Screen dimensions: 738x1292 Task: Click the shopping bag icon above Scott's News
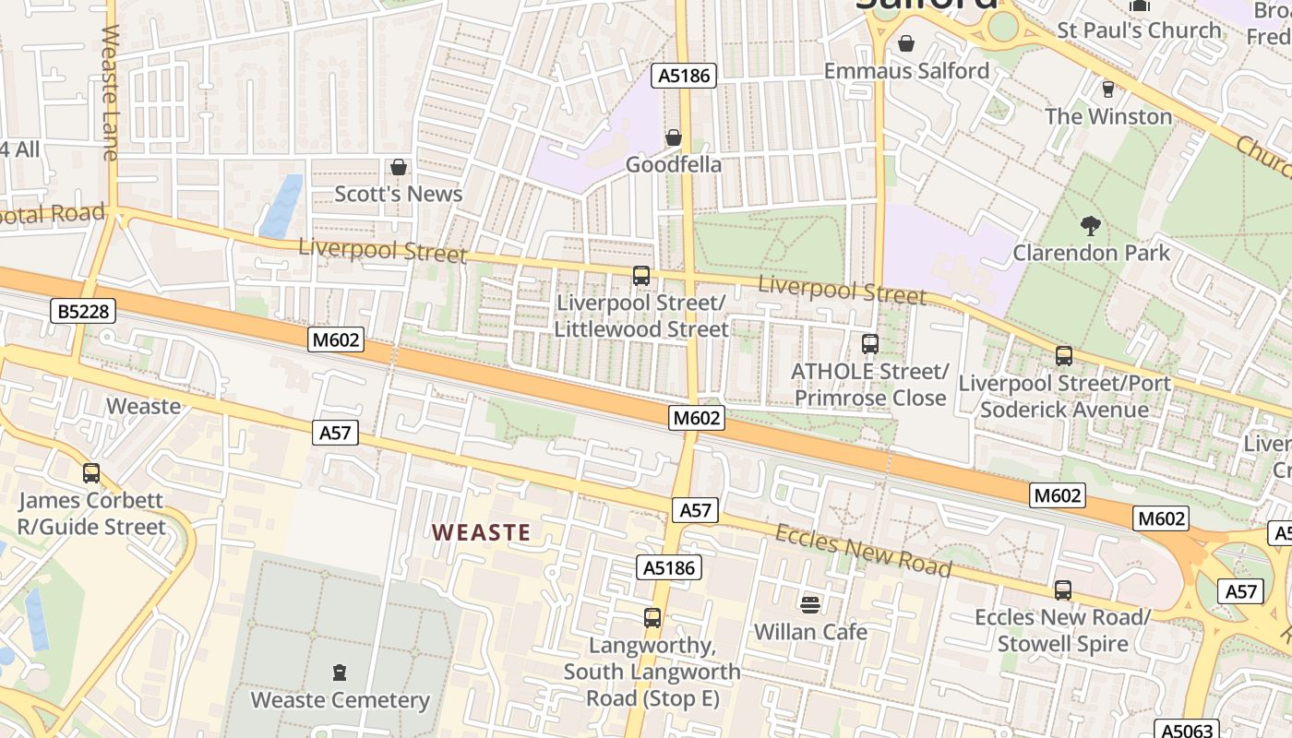point(399,167)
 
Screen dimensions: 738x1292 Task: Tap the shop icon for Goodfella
point(674,137)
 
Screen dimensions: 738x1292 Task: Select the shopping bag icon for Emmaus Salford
point(906,43)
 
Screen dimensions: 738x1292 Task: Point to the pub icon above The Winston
point(1108,89)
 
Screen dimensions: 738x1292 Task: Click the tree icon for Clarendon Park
point(1091,225)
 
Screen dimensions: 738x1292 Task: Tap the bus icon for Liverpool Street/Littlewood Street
point(641,276)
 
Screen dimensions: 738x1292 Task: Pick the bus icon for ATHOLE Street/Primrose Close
point(870,344)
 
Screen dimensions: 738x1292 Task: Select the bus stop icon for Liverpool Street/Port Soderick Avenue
point(1064,356)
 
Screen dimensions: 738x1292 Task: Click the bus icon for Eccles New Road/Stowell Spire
point(1063,590)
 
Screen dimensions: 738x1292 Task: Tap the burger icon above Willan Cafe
point(810,605)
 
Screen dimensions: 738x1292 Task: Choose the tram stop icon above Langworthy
point(652,618)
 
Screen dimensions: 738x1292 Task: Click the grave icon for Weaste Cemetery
point(340,673)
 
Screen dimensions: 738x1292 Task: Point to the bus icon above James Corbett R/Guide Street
point(91,473)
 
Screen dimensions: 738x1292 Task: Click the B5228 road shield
point(83,312)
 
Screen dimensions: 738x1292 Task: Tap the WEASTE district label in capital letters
point(482,532)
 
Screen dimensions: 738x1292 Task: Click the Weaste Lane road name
point(111,92)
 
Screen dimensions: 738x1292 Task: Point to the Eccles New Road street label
point(863,551)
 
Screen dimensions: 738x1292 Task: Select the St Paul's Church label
point(1139,30)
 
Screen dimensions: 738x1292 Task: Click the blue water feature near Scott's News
point(281,207)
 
